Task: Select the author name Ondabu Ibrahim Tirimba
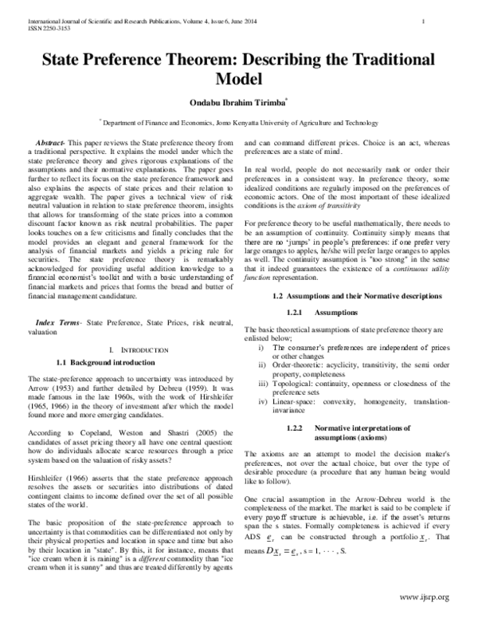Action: click(x=237, y=101)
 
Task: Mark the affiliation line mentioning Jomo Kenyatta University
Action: click(x=240, y=123)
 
